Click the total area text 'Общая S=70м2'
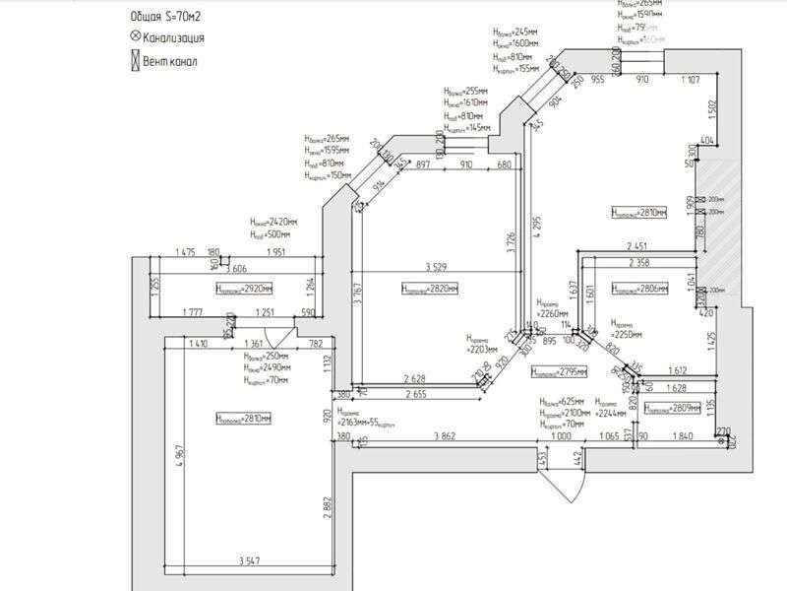pyautogui.click(x=172, y=18)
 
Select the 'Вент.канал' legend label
pyautogui.click(x=169, y=61)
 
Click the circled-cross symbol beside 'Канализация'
pyautogui.click(x=135, y=38)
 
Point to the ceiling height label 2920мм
pyautogui.click(x=243, y=289)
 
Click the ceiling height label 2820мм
pyautogui.click(x=430, y=289)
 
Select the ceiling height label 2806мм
pyautogui.click(x=639, y=289)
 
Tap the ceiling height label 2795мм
pyautogui.click(x=558, y=372)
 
